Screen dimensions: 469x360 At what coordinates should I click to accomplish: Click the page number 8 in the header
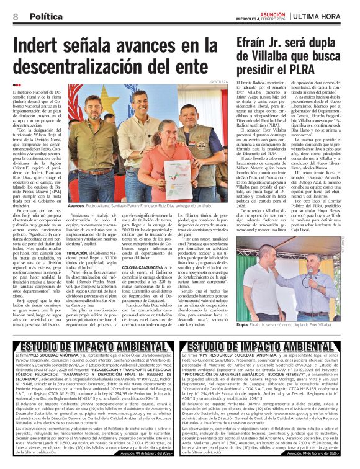(x=14, y=15)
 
